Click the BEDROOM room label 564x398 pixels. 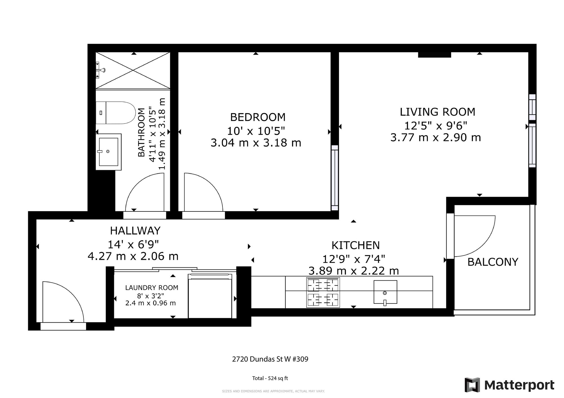(x=258, y=117)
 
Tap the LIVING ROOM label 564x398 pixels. (x=437, y=112)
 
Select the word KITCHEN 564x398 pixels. (x=356, y=245)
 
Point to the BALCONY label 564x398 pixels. (x=493, y=262)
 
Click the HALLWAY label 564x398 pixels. (x=135, y=231)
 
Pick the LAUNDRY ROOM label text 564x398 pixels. (x=152, y=288)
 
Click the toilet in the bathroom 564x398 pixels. (x=116, y=113)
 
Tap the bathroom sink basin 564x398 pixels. (x=109, y=152)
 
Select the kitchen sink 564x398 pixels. (x=385, y=292)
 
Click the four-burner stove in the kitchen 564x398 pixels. (x=323, y=292)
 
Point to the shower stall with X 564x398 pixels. (x=133, y=71)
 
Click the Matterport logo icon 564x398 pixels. (x=472, y=385)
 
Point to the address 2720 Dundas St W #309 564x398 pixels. (x=270, y=359)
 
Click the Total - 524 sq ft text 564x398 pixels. (x=270, y=378)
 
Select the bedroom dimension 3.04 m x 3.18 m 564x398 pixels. (x=256, y=143)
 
